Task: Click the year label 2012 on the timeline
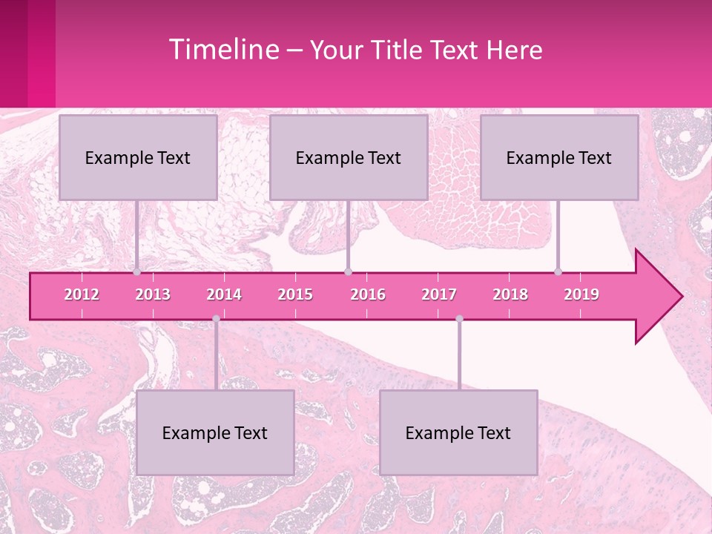[x=82, y=294]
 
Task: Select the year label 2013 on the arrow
[x=153, y=294]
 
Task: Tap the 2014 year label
[x=224, y=294]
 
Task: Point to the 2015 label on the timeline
[x=295, y=294]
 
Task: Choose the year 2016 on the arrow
[x=368, y=294]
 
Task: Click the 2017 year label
[x=439, y=294]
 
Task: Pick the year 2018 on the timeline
[x=510, y=294]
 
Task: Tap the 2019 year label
[x=581, y=294]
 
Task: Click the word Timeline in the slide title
[x=222, y=50]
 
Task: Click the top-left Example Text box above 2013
[x=138, y=157]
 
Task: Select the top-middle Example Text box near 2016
[x=349, y=157]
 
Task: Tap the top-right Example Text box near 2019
[x=559, y=157]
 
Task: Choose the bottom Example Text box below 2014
[x=215, y=432]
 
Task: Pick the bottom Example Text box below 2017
[x=458, y=432]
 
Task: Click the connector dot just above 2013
[x=137, y=272]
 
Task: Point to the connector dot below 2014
[x=216, y=319]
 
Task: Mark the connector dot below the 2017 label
[x=459, y=319]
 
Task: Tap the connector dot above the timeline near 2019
[x=558, y=272]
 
